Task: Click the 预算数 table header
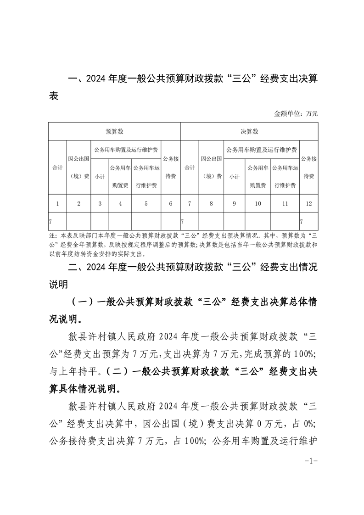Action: [x=114, y=132]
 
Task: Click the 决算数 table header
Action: [x=249, y=132]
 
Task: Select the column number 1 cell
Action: [x=57, y=203]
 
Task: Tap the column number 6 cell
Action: [x=171, y=203]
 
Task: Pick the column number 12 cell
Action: [x=308, y=203]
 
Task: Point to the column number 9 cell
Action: [x=234, y=203]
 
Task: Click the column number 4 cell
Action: [x=120, y=203]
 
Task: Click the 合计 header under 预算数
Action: [x=57, y=168]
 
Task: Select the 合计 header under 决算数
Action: [x=190, y=168]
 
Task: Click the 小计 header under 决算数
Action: [x=234, y=177]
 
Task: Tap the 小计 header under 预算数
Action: [x=100, y=177]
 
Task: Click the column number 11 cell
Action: [x=285, y=203]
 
